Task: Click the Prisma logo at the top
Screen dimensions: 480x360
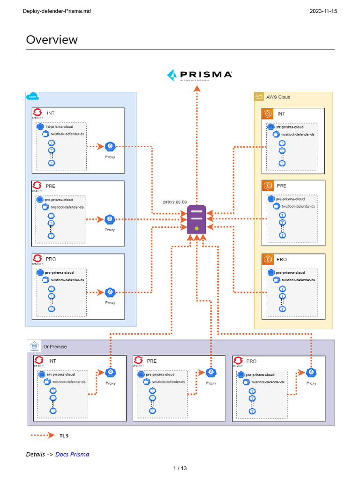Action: (x=199, y=75)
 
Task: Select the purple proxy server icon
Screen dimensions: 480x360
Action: (x=197, y=219)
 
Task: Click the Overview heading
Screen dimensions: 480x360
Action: (x=52, y=39)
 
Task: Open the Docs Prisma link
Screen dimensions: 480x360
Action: (x=72, y=454)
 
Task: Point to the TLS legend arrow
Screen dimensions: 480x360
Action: (x=43, y=435)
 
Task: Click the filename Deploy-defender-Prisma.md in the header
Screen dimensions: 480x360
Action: (x=57, y=11)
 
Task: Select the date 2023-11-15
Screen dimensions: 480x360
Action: (x=323, y=11)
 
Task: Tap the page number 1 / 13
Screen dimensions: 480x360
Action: (x=180, y=468)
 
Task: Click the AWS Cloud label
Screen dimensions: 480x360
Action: (x=278, y=97)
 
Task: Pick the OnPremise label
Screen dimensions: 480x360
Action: (x=55, y=346)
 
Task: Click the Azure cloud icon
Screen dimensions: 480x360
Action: (x=33, y=97)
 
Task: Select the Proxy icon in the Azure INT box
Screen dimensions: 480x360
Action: (x=110, y=147)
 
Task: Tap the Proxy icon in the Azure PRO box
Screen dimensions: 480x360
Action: (x=110, y=292)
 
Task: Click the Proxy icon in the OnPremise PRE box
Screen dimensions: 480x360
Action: (x=211, y=372)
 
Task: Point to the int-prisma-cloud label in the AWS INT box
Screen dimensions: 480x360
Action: (x=290, y=127)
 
